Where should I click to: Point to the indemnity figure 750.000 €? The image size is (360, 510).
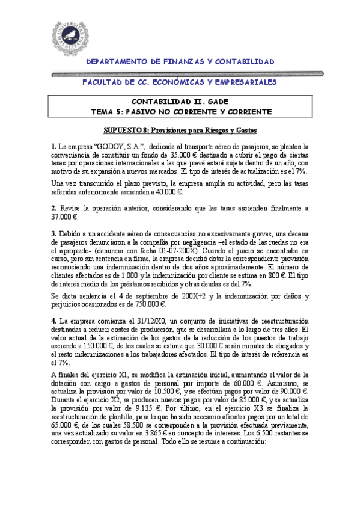pyautogui.click(x=202, y=304)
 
